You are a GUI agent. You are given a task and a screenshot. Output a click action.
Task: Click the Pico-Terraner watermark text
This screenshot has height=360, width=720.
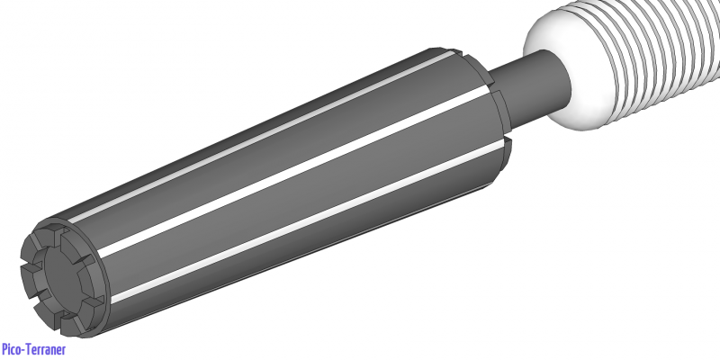33,349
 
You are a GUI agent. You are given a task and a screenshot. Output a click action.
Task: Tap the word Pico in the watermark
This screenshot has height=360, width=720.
13,349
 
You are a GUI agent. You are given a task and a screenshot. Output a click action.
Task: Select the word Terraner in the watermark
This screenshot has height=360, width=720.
46,349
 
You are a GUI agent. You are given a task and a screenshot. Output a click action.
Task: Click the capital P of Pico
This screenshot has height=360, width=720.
5,349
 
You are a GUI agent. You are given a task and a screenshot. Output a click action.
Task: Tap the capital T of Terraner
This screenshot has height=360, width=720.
30,349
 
